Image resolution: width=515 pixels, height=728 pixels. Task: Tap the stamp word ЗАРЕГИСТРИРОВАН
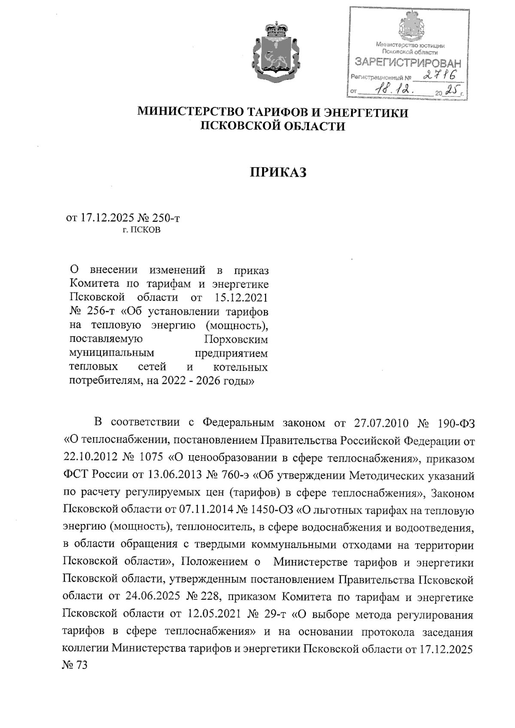407,63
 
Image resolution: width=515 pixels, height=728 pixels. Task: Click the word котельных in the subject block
240,367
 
